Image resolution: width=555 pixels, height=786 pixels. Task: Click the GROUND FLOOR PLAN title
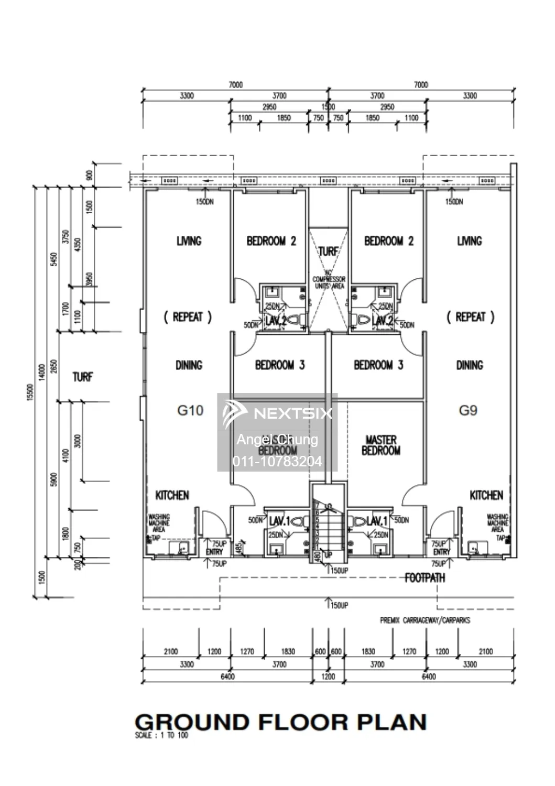pos(280,722)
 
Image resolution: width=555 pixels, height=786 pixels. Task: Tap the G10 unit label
pos(190,410)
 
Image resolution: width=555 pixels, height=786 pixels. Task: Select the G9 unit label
pos(468,410)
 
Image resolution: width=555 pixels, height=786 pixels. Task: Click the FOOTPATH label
pos(425,578)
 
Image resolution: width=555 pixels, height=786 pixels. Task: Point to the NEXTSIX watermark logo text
pos(292,413)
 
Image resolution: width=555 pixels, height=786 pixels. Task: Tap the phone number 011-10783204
pos(277,462)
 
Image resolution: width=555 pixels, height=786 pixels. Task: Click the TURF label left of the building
pos(82,377)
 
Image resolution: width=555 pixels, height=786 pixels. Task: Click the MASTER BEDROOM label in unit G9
pos(381,445)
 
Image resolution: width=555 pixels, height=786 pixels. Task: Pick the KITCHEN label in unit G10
pos(172,495)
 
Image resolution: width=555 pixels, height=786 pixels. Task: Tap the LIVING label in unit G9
pos(469,241)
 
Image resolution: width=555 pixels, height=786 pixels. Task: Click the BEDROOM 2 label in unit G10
pos(271,241)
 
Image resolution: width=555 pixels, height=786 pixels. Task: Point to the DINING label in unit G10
pos(189,365)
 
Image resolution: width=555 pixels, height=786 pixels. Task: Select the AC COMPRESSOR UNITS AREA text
pos(329,280)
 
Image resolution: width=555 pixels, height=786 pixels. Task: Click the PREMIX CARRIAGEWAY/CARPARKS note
pos(425,620)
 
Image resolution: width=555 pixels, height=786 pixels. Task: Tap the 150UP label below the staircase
pos(339,571)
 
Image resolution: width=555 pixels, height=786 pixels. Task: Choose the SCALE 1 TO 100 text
pos(161,736)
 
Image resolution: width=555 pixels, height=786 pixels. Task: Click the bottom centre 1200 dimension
pos(328,676)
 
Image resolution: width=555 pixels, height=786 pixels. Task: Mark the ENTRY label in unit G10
pos(214,552)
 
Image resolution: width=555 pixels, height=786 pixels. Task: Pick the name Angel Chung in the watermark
pos(277,439)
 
